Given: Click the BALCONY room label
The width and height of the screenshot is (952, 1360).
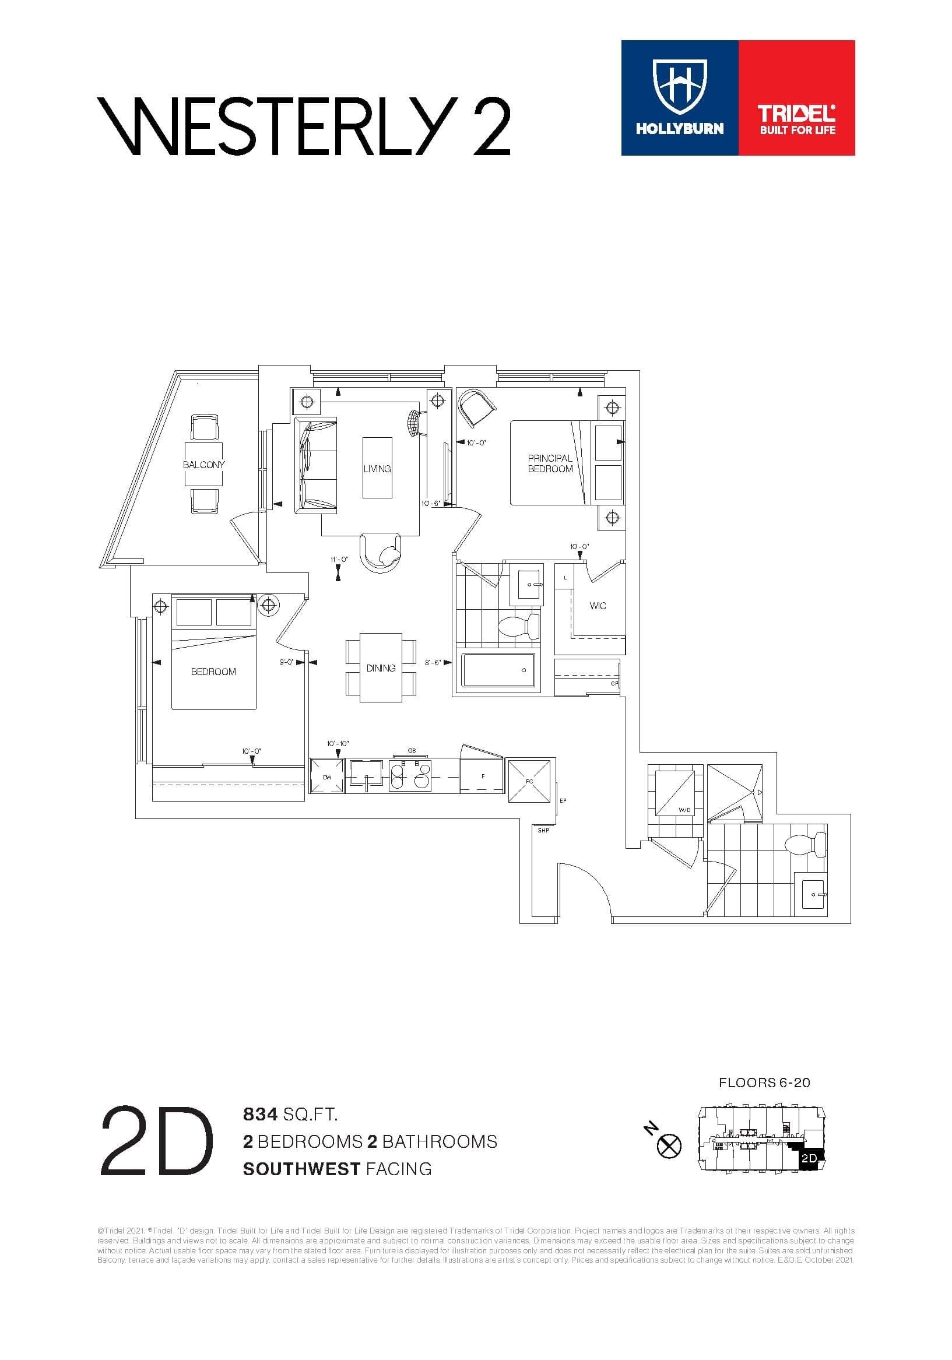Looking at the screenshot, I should pyautogui.click(x=204, y=465).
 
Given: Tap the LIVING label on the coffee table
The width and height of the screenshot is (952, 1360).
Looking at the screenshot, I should pyautogui.click(x=377, y=469).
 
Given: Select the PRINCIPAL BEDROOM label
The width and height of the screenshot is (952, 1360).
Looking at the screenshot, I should pyautogui.click(x=550, y=463).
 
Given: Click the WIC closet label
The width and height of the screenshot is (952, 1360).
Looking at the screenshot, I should pyautogui.click(x=598, y=606).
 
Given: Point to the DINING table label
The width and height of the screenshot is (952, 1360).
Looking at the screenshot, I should pyautogui.click(x=381, y=668).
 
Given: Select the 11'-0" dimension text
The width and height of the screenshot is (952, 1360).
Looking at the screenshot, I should pyautogui.click(x=339, y=559).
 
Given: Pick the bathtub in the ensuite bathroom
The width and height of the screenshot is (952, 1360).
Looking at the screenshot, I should pyautogui.click(x=498, y=671).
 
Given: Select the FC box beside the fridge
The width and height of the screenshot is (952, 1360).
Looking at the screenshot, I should pyautogui.click(x=529, y=781).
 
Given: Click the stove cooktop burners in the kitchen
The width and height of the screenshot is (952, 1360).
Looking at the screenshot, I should pyautogui.click(x=410, y=776).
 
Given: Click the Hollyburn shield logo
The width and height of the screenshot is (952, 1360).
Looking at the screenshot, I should pyautogui.click(x=680, y=87).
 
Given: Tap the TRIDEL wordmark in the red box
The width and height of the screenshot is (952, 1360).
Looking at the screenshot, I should pyautogui.click(x=798, y=113).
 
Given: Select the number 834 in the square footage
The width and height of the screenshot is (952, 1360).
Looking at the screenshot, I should pyautogui.click(x=260, y=1115).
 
